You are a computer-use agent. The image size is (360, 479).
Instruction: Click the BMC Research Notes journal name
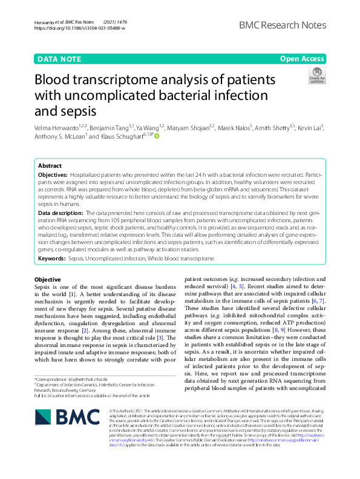283,25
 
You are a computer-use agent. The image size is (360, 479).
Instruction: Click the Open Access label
302,59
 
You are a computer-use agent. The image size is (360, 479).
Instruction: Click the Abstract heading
50,165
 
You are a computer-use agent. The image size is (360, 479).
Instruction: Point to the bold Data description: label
61,213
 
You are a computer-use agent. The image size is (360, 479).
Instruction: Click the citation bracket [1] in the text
72,294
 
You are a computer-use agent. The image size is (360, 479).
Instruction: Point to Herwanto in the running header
45,22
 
